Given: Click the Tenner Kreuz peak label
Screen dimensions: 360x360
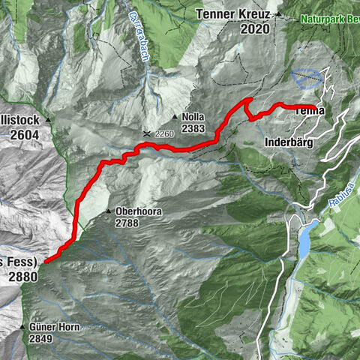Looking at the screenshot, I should [x=234, y=13].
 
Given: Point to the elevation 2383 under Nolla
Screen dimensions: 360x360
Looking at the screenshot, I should [x=193, y=128].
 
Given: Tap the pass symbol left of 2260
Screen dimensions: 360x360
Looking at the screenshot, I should [x=147, y=132].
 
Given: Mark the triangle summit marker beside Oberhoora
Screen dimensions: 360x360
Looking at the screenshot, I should [x=109, y=211].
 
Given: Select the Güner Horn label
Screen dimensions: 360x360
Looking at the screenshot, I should [x=56, y=328].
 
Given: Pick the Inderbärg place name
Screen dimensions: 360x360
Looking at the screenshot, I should [x=289, y=141].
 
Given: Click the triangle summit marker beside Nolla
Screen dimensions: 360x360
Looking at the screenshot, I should [x=174, y=118].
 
